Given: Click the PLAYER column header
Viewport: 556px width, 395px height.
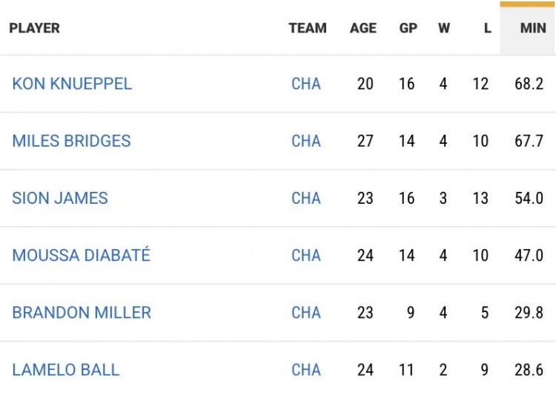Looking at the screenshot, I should coord(34,28).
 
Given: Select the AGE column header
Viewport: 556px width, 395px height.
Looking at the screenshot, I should coord(363,28).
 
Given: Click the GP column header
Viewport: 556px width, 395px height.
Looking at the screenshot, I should coord(408,28).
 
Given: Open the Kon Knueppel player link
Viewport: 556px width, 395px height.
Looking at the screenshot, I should coord(72,84).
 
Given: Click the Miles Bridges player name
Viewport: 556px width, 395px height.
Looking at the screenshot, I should coord(71,141).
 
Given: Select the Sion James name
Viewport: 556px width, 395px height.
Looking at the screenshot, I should coord(60,198).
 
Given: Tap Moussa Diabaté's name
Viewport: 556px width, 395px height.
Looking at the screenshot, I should coord(81,256).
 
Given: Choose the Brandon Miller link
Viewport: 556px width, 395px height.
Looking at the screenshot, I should coord(82,313).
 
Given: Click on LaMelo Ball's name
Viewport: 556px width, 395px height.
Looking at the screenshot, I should coord(65,370).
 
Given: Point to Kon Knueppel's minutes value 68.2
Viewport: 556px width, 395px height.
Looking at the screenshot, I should coord(529,84).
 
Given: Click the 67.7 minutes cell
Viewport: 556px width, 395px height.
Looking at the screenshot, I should coord(529,141).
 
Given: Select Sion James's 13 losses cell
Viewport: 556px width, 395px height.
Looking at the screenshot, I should coord(480,198).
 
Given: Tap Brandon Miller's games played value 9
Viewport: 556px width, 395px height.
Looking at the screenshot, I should coord(410,313).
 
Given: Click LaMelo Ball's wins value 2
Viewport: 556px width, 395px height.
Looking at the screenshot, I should coord(443,370).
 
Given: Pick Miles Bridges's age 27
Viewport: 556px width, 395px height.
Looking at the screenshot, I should coord(365,141).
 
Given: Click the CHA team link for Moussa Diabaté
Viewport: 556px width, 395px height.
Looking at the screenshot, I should coord(306,256).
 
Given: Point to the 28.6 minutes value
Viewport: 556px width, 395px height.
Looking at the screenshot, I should coord(529,370).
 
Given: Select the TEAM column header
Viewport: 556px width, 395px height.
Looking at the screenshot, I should coord(308,28).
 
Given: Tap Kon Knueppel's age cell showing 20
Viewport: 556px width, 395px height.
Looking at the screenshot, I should coord(365,84).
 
